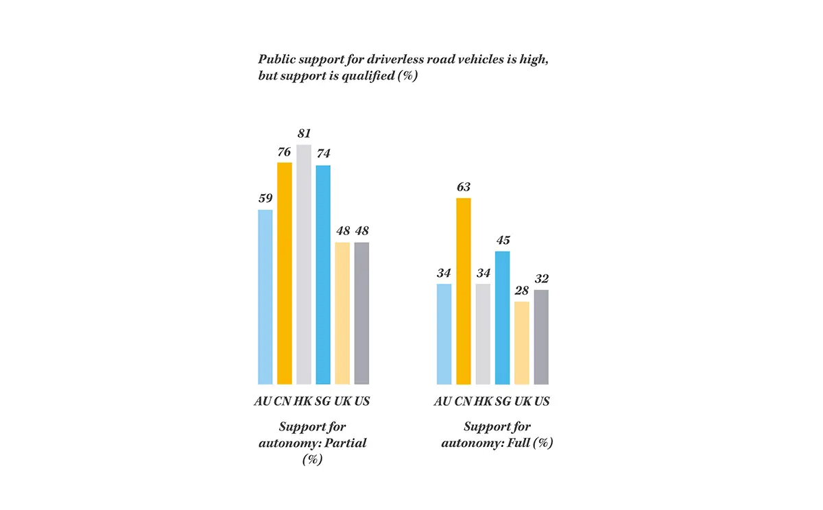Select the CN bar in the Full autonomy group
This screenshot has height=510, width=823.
click(x=464, y=291)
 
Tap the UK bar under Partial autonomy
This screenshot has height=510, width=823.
click(x=342, y=313)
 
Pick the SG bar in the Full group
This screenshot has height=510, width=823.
click(x=503, y=318)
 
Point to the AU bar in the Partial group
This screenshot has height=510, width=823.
click(x=265, y=297)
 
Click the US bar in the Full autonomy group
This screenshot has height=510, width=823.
click(x=541, y=337)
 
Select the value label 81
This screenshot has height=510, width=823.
click(x=304, y=134)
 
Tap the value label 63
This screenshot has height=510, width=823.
click(x=464, y=187)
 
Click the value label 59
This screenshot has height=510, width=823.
click(x=265, y=199)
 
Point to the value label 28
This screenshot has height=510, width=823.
click(x=522, y=291)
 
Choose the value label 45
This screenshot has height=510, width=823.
click(x=503, y=241)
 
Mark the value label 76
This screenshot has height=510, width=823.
click(x=285, y=152)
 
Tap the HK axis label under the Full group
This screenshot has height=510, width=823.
click(x=484, y=402)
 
